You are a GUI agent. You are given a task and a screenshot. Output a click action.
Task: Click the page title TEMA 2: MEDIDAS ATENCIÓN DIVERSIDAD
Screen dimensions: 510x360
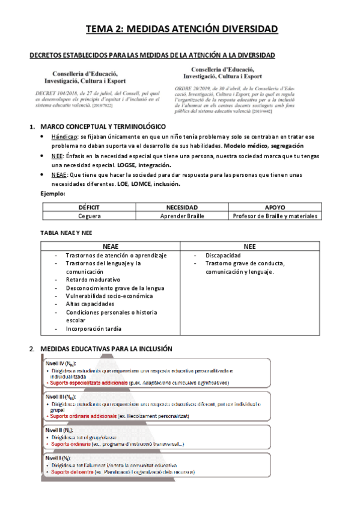(181, 29)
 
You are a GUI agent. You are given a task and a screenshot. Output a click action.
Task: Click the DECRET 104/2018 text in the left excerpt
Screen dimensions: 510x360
(55, 95)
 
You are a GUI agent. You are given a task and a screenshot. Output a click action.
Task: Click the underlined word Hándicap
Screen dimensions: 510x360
(64, 137)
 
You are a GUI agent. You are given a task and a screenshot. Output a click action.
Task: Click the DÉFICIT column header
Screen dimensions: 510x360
(89, 207)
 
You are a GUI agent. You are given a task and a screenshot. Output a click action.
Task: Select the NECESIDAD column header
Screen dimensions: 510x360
(182, 207)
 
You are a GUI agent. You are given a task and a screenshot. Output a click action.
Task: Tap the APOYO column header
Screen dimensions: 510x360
(275, 207)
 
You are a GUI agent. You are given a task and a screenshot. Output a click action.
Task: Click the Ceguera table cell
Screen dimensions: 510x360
(89, 215)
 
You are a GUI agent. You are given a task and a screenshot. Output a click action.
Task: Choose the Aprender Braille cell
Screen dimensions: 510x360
(182, 215)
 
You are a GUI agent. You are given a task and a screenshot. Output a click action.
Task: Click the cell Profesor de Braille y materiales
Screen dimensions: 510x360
(275, 215)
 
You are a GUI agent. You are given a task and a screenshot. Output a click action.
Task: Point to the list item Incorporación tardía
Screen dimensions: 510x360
(94, 328)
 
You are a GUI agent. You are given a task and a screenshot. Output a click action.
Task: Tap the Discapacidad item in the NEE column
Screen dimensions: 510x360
(224, 255)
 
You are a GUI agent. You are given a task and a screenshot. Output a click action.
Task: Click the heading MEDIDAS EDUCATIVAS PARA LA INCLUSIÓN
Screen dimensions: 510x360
(106, 349)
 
